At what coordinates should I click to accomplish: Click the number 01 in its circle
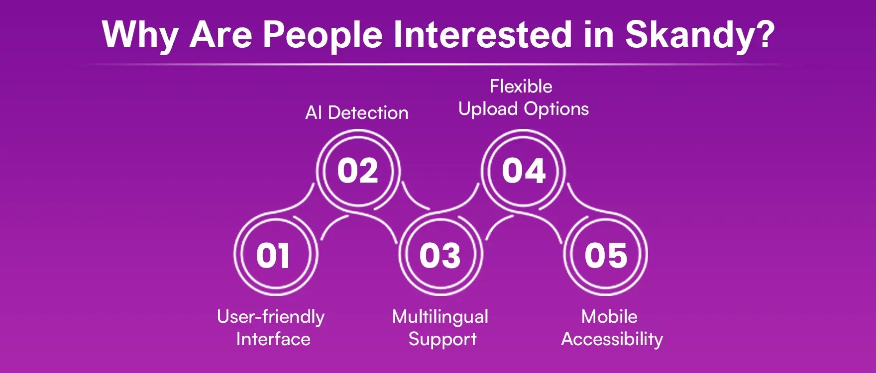[x=273, y=256]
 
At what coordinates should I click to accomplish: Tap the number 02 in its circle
[x=358, y=171]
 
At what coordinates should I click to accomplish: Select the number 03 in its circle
[x=440, y=256]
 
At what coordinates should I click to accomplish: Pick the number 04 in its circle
[x=524, y=171]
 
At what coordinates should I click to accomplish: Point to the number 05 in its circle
[x=606, y=256]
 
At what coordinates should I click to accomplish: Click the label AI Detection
[x=357, y=113]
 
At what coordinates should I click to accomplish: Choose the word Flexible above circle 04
[x=521, y=87]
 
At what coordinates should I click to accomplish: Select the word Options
[x=556, y=109]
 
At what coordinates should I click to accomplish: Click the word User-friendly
[x=271, y=317]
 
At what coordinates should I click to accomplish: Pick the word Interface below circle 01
[x=273, y=339]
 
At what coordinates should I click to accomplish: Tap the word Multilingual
[x=440, y=317]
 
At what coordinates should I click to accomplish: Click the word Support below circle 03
[x=442, y=340]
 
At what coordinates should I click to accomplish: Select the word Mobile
[x=609, y=317]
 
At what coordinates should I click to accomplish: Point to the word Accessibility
[x=612, y=340]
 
